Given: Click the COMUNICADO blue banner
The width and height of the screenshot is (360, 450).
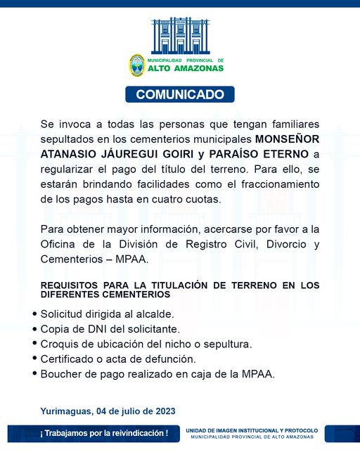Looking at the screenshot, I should [180, 94].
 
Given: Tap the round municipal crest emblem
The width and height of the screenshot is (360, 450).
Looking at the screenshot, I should [136, 65].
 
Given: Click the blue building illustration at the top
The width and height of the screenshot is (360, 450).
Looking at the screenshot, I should [180, 35].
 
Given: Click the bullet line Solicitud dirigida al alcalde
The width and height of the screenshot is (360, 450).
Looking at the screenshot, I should [98, 313].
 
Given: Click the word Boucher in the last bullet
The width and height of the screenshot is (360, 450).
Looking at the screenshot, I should [62, 374].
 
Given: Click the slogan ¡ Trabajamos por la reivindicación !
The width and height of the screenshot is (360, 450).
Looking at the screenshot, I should [94, 433].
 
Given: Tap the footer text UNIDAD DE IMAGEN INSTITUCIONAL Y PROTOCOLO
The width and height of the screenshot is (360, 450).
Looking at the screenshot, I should [252, 430].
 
